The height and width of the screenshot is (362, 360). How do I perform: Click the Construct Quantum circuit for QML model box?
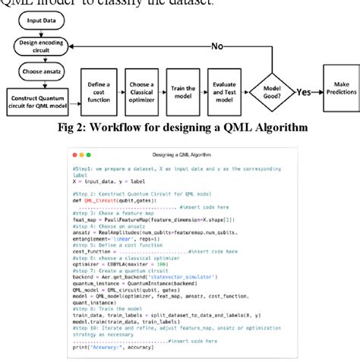click(x=39, y=100)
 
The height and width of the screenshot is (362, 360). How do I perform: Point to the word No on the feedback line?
click(x=216, y=47)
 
